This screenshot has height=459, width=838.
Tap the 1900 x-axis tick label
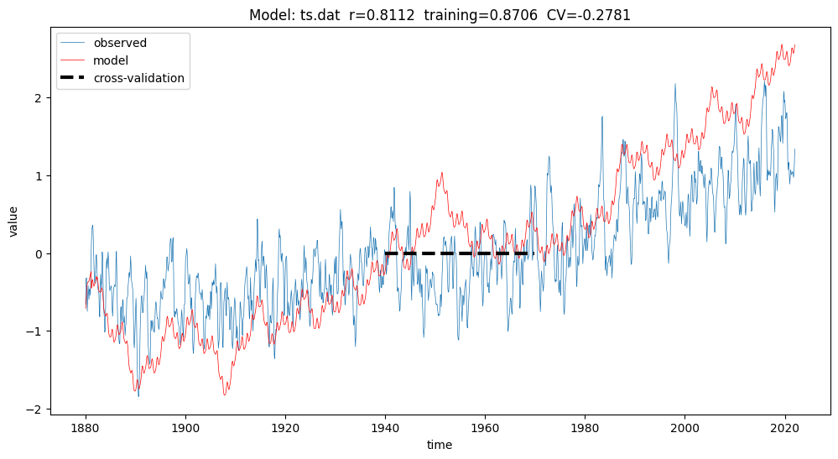(185, 428)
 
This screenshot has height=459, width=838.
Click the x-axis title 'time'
(440, 445)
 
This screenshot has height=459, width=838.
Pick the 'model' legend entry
(111, 60)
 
